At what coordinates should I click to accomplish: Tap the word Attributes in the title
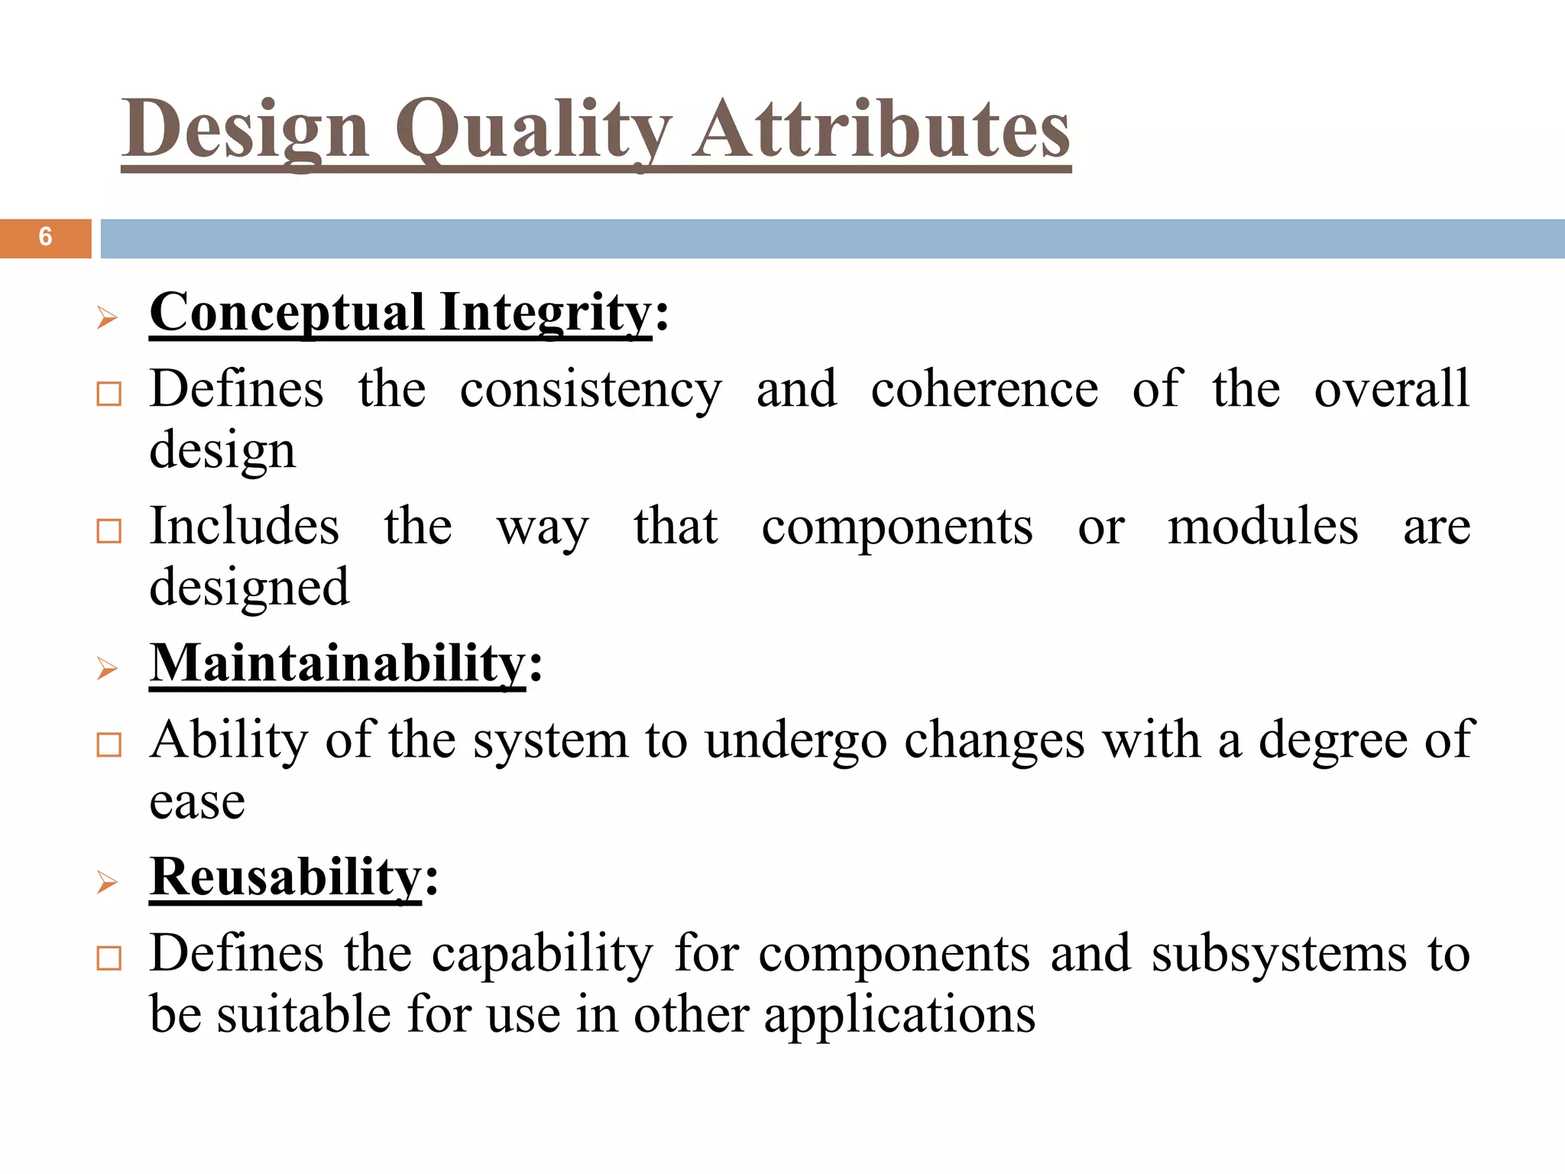[x=881, y=130]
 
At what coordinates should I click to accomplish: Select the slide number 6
[x=45, y=238]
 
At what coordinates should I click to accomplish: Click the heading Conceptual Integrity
[x=401, y=313]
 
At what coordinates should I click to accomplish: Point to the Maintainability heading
[x=338, y=663]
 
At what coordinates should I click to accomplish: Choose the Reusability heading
[x=286, y=877]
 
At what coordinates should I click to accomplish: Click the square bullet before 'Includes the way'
[x=109, y=530]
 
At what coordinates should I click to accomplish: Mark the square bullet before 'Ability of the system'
[x=109, y=744]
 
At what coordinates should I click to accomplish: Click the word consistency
[x=591, y=390]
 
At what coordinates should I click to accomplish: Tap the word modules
[x=1263, y=527]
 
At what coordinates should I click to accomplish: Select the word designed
[x=249, y=588]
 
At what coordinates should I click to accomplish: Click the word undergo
[x=795, y=741]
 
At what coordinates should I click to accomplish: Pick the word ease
[x=197, y=803]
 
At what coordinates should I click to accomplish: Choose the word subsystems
[x=1279, y=955]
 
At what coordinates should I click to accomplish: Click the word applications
[x=899, y=1017]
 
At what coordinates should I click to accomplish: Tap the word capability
[x=543, y=955]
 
